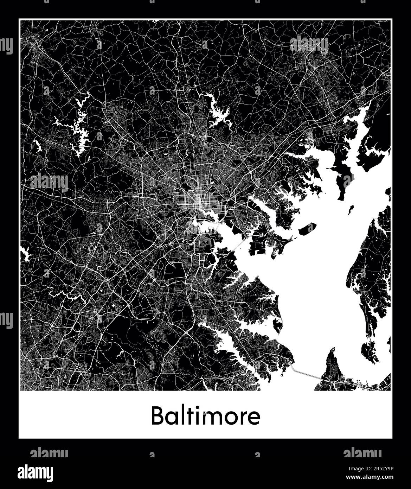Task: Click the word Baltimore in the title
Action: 206,416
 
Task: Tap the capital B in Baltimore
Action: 157,417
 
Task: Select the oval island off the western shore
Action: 307,229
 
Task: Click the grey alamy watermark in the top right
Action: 309,44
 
